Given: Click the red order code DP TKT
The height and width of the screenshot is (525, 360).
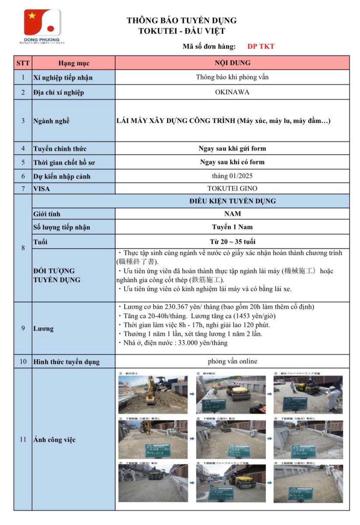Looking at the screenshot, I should [x=261, y=46].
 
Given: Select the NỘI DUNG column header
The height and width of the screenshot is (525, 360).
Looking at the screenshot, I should [x=232, y=63].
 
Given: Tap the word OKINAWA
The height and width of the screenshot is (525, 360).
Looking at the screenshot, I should [x=232, y=92].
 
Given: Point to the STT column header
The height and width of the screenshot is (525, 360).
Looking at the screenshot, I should [x=23, y=63].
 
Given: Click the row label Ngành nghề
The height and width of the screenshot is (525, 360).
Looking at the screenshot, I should [x=51, y=121].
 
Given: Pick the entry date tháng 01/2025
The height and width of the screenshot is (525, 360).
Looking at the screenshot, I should [x=232, y=176].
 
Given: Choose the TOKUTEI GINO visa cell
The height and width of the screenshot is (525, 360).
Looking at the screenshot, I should [x=232, y=189].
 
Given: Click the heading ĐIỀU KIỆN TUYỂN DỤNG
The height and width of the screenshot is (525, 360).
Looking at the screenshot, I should [x=232, y=201].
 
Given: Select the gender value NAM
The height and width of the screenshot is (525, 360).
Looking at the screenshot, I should [x=232, y=214].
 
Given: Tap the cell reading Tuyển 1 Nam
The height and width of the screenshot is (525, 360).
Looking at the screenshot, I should [x=232, y=227].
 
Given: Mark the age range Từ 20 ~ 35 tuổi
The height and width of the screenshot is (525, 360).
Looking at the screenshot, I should [x=232, y=241].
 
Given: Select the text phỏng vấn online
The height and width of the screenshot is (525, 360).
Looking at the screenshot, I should [x=232, y=361].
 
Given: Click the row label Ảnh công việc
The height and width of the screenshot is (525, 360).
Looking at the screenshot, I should [x=54, y=440].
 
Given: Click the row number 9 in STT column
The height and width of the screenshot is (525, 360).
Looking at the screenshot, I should [x=23, y=328].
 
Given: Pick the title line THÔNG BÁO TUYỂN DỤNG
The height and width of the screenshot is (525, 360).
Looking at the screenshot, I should [x=182, y=21].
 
